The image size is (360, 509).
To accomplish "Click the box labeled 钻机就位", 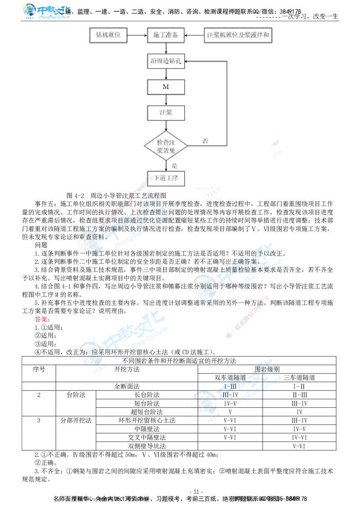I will [x=108, y=36].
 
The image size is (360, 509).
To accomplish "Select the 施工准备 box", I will [x=166, y=36].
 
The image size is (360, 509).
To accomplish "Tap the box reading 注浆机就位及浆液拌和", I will [x=238, y=36].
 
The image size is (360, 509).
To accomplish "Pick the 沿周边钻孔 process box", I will [x=166, y=62].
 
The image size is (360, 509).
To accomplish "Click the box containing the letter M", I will [x=166, y=87].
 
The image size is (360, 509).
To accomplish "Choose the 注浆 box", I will [x=166, y=113].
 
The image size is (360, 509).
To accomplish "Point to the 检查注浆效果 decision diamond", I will [x=166, y=146].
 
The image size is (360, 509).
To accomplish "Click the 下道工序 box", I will [x=166, y=178].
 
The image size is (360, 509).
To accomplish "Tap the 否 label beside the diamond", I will [x=205, y=141].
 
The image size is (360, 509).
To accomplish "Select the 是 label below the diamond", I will [x=175, y=165].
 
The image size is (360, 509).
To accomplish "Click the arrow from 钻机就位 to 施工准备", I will [x=137, y=36].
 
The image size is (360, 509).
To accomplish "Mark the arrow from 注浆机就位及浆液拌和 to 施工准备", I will [x=194, y=36].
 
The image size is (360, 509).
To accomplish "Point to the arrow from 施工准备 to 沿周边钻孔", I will [x=166, y=49].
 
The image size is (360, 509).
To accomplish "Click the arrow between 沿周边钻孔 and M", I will [x=166, y=74].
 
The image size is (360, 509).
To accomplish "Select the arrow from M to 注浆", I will [x=166, y=100].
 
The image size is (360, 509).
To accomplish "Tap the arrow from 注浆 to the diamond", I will [x=166, y=125].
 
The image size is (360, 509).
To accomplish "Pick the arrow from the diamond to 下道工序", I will [x=166, y=165].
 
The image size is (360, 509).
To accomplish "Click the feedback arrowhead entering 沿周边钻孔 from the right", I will [x=188, y=62].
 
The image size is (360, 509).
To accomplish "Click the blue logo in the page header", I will [x=47, y=11].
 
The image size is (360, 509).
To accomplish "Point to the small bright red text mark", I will [x=41, y=320].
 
